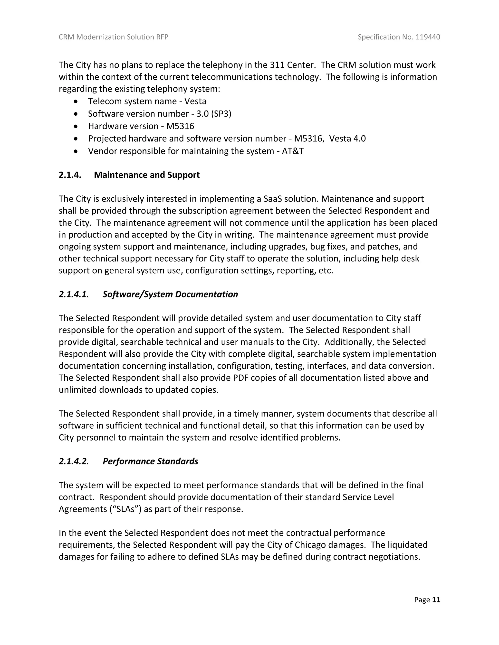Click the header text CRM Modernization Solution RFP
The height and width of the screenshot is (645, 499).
(x=114, y=37)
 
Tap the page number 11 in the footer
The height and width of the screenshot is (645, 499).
(x=436, y=599)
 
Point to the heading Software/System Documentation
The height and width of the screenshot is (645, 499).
(x=170, y=294)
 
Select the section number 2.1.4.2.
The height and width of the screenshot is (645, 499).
(x=74, y=461)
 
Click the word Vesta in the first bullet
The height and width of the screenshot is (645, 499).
(x=195, y=101)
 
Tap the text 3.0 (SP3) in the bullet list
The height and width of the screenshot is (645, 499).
(x=214, y=114)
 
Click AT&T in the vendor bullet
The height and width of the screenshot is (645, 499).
(x=293, y=151)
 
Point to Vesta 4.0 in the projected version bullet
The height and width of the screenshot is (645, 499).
(x=347, y=138)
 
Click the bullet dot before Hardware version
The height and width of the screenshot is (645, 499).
(x=76, y=126)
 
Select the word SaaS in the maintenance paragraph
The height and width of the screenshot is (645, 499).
(x=273, y=199)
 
